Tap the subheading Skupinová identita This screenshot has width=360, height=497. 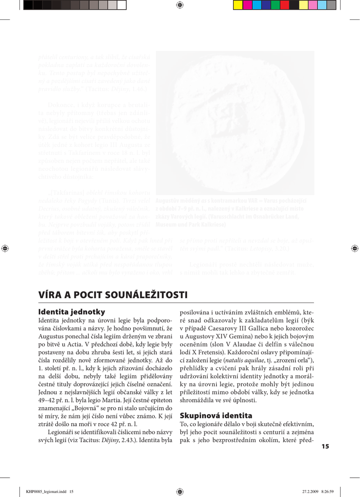pyautogui.click(x=216, y=415)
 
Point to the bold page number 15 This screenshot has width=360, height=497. pyautogui.click(x=325, y=447)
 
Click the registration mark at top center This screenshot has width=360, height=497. pyautogui.click(x=180, y=5)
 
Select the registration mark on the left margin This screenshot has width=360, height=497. pyautogui.click(x=5, y=248)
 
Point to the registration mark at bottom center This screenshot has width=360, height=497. pyautogui.click(x=180, y=491)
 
